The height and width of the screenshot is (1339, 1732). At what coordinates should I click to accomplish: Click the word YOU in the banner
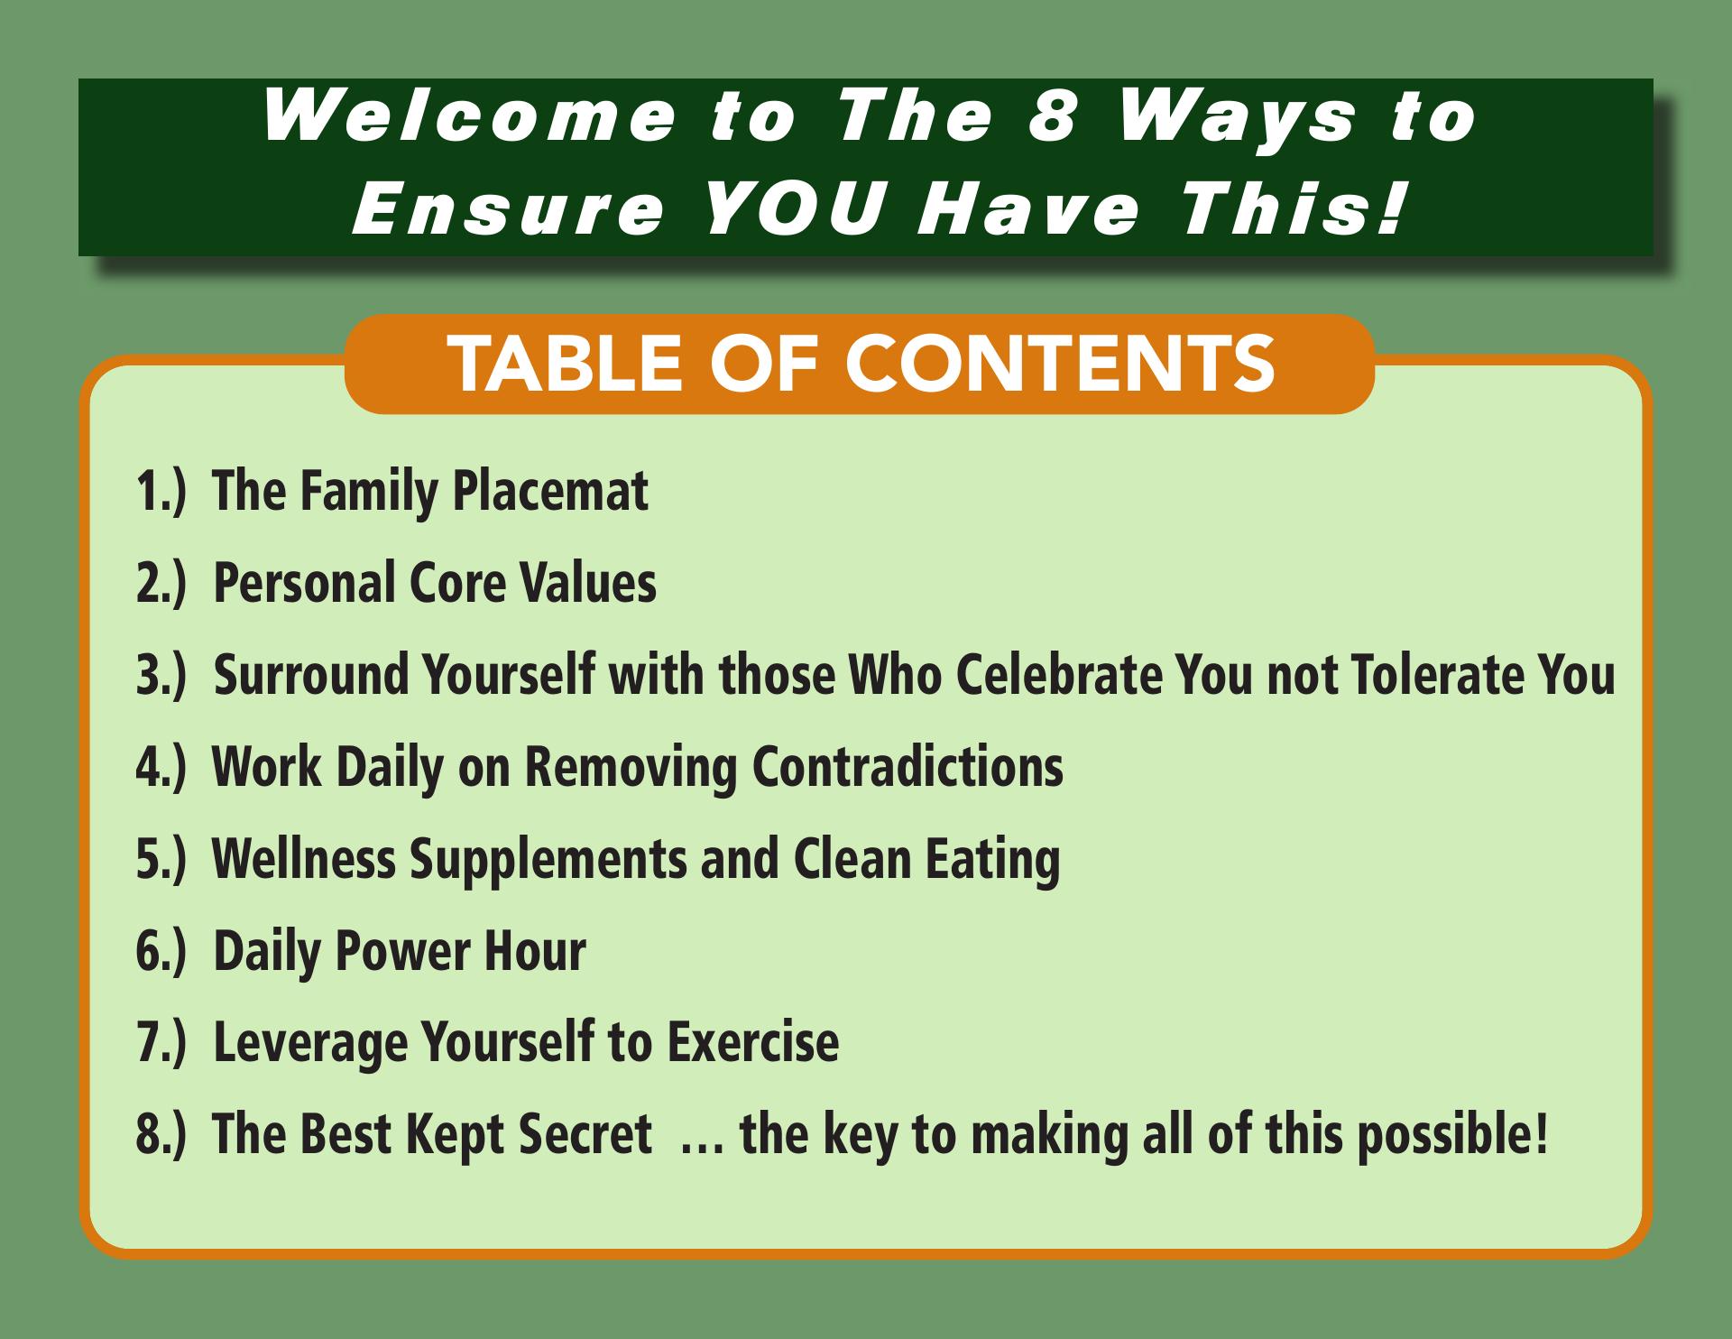pos(789,209)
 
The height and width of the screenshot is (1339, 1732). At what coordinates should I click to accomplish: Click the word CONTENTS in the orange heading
pos(1060,364)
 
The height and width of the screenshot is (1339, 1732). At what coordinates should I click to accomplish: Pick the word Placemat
pos(549,491)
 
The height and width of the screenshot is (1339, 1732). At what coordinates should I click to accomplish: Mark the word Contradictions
pos(907,766)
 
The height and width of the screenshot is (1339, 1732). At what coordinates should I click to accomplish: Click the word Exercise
pos(752,1042)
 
